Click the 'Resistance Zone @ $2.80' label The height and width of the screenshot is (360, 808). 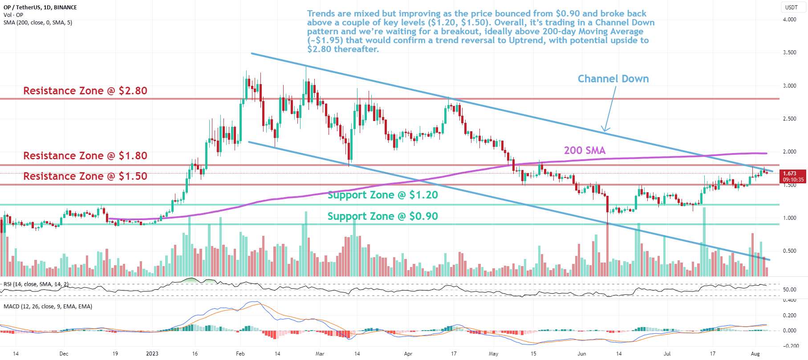(x=85, y=91)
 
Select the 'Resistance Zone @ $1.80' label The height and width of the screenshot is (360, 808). (x=85, y=156)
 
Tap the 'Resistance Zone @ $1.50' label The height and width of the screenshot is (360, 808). (x=85, y=176)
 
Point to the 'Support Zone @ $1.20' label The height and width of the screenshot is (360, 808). (x=382, y=195)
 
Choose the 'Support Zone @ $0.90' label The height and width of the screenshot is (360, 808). (x=382, y=216)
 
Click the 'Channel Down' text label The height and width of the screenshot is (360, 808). (x=613, y=79)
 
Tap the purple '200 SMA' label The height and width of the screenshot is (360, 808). (x=585, y=150)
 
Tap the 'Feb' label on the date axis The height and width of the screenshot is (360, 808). (x=240, y=354)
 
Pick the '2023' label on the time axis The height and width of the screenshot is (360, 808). (x=152, y=354)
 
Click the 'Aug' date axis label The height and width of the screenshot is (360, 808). (x=755, y=354)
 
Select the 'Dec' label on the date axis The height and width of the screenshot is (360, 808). (x=64, y=354)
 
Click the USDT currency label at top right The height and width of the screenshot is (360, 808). (x=791, y=7)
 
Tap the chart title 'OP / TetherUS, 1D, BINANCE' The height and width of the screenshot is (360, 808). (x=40, y=7)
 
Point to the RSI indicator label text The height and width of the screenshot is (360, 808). (x=36, y=284)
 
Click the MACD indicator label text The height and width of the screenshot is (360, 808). (x=48, y=307)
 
